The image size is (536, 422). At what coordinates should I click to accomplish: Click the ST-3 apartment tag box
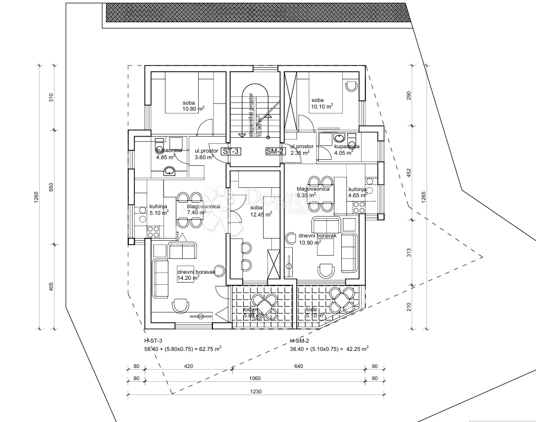pyautogui.click(x=229, y=150)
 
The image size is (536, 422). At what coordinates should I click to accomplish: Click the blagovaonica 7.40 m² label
pyautogui.click(x=203, y=209)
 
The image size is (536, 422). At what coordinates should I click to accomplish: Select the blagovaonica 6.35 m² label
pyautogui.click(x=313, y=191)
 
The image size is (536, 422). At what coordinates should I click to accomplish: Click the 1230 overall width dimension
pyautogui.click(x=254, y=392)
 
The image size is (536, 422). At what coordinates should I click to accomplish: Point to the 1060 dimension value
pyautogui.click(x=254, y=378)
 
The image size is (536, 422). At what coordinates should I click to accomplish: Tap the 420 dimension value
pyautogui.click(x=189, y=365)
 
